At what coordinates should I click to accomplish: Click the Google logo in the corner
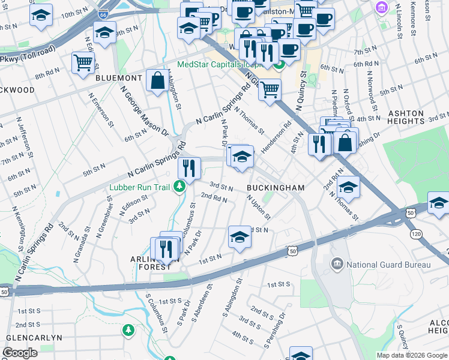21,353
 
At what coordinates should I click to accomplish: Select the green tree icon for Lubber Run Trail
178,187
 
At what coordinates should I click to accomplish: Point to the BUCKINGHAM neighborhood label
276,188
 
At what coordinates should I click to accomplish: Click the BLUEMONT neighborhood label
118,78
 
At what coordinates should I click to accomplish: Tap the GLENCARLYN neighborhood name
31,338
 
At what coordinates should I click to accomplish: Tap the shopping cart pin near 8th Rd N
83,62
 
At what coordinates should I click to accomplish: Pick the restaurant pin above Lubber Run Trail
190,169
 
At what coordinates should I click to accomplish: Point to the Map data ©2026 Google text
412,355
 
